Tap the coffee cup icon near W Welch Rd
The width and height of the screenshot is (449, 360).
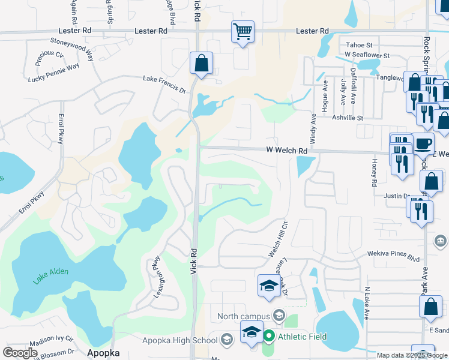424,143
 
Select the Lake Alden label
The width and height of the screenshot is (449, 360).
50,272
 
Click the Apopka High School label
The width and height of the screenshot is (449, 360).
179,340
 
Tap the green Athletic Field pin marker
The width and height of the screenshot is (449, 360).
269,337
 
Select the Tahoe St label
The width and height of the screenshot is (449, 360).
358,44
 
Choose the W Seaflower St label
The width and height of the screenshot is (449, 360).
367,55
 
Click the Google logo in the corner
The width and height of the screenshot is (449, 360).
20,353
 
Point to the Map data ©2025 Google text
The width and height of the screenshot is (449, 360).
411,355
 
